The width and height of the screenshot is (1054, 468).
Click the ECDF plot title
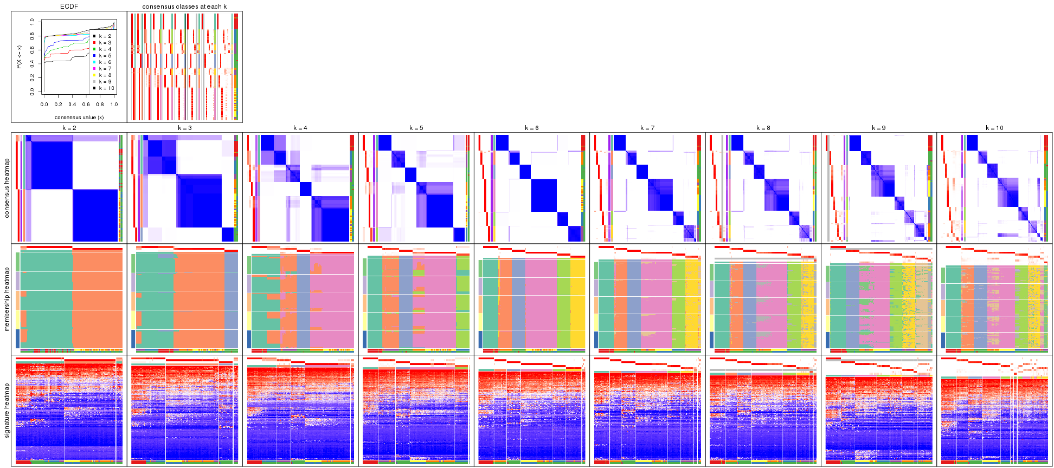(69, 6)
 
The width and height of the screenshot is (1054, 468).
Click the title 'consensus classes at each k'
(184, 6)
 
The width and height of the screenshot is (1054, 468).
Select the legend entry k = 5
(105, 56)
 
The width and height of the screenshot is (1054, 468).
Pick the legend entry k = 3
(105, 43)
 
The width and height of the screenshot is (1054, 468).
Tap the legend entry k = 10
(106, 88)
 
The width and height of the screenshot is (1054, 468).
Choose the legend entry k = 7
(105, 69)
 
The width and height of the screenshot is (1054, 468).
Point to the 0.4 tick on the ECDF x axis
(72, 105)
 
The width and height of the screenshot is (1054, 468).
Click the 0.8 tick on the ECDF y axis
(32, 36)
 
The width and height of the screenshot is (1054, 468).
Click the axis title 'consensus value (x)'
(79, 118)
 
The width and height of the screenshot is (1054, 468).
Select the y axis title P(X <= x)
(19, 57)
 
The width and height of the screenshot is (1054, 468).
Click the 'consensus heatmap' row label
(7, 188)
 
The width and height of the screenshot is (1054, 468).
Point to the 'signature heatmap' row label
(7, 410)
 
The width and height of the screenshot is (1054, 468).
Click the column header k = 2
(69, 128)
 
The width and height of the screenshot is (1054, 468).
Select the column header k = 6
(532, 128)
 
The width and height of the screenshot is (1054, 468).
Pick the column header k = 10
(994, 128)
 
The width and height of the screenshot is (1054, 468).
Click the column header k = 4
(300, 128)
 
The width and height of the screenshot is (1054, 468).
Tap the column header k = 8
(763, 128)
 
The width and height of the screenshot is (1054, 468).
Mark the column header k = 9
(879, 128)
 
